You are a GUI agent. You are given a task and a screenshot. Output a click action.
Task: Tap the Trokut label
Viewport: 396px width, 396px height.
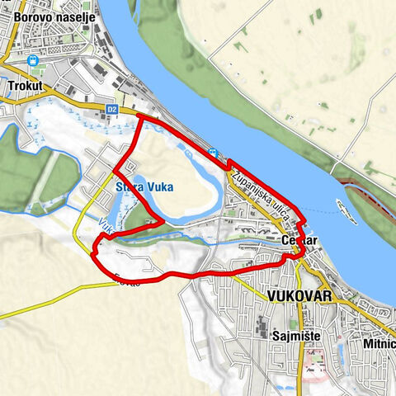24,85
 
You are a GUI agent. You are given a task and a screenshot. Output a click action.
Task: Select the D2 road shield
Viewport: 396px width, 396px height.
112,108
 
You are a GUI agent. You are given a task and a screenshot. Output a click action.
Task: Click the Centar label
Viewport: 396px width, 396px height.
299,242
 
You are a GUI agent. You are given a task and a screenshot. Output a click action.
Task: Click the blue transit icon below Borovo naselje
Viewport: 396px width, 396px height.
34,60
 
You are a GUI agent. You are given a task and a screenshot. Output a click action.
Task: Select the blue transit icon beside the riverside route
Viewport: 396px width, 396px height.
214,152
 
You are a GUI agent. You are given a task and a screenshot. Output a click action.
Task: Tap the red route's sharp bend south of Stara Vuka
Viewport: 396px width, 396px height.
159,223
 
